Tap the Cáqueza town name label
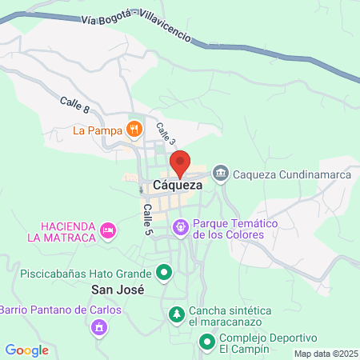click(178, 185)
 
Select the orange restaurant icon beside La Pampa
click(134, 129)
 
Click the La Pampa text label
click(98, 130)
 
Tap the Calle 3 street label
click(165, 133)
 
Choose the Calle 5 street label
click(147, 218)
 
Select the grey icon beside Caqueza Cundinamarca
click(221, 173)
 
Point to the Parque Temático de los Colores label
click(228, 229)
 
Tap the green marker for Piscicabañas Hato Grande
click(165, 273)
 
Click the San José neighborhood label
click(118, 290)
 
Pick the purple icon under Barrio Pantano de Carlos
click(98, 327)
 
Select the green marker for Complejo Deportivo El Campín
click(206, 343)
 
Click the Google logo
click(27, 350)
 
